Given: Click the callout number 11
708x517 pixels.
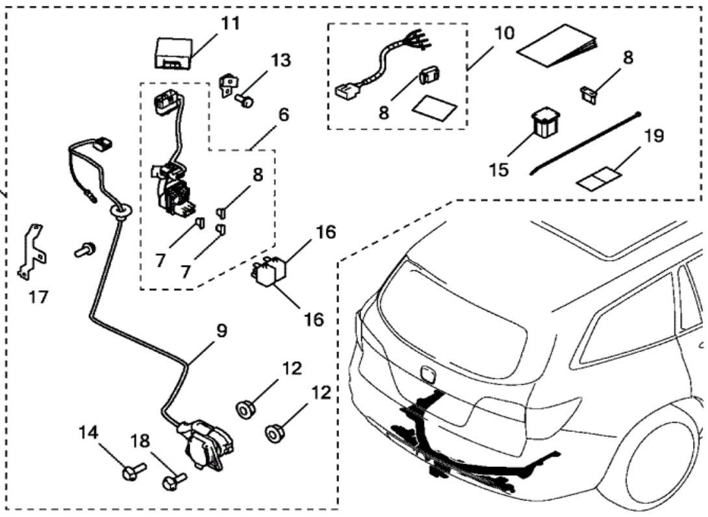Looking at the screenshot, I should [x=229, y=24].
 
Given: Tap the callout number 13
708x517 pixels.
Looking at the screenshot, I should [x=281, y=60].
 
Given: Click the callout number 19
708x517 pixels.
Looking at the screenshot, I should [x=654, y=138].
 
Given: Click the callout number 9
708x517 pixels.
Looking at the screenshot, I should [x=221, y=331].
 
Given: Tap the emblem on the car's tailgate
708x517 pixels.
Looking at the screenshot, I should [x=427, y=375].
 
